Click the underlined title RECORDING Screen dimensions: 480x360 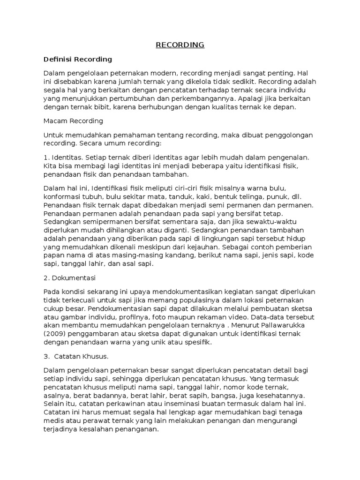180,45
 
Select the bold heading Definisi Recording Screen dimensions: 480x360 78,59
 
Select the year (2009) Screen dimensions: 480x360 55,334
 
